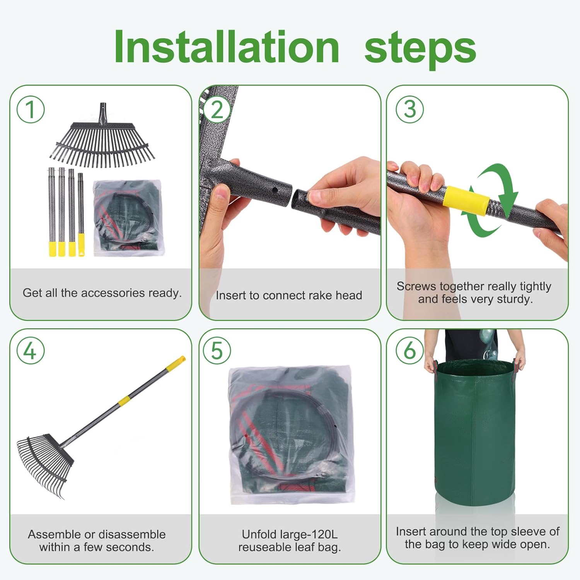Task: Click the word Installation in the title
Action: pyautogui.click(x=227, y=47)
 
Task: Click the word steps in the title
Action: pyautogui.click(x=420, y=49)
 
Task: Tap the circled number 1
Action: pyautogui.click(x=31, y=109)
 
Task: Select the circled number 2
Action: pyautogui.click(x=217, y=109)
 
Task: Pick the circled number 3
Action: pyautogui.click(x=409, y=109)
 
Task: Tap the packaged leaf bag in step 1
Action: pyautogui.click(x=129, y=217)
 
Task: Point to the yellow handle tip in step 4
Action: pyautogui.click(x=176, y=364)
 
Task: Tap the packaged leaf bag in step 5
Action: pyautogui.click(x=291, y=435)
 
